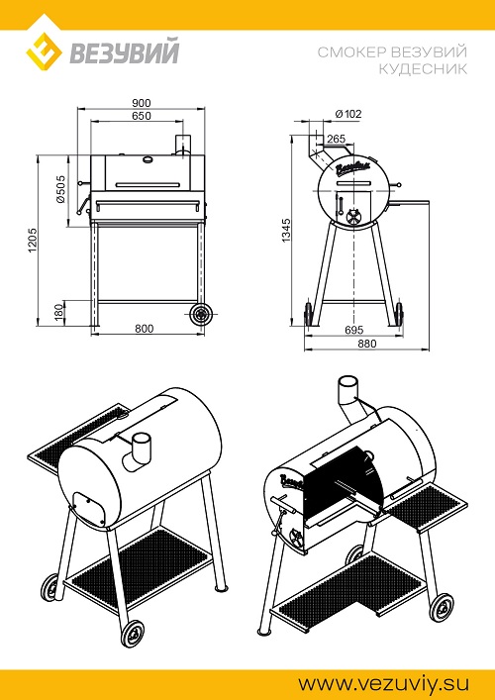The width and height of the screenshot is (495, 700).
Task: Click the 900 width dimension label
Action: tap(141, 103)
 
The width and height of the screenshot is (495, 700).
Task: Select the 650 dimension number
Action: tap(141, 116)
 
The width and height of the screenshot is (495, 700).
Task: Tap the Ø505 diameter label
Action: tap(60, 189)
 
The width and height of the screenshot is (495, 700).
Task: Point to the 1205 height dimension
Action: tap(33, 241)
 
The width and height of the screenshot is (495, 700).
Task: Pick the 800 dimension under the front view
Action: tap(145, 329)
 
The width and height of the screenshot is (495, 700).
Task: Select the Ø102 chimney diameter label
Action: tap(348, 114)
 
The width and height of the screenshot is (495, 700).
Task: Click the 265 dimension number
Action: tap(336, 139)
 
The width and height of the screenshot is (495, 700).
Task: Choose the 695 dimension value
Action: tap(354, 330)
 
